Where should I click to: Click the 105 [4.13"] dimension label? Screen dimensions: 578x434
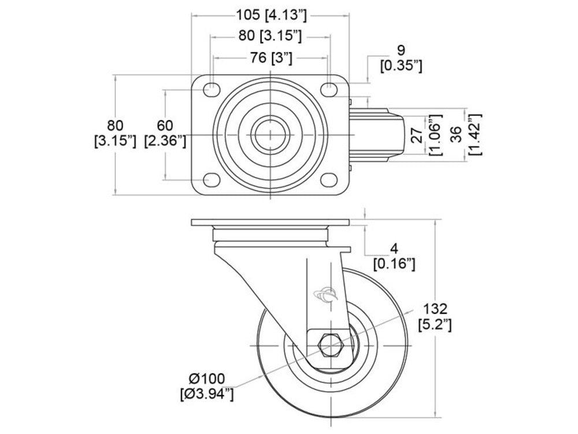tap(271, 15)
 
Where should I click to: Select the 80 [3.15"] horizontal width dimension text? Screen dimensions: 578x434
tap(270, 36)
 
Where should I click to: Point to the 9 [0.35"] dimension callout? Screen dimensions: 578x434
tap(401, 58)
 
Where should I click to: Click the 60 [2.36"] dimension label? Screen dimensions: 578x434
tap(165, 133)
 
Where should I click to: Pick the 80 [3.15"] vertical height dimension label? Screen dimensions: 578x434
tap(116, 133)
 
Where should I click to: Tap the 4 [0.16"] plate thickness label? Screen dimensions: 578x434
tap(394, 257)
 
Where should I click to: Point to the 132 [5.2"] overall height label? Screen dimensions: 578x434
tap(435, 317)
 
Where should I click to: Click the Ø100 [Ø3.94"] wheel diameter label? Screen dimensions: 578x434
tap(207, 385)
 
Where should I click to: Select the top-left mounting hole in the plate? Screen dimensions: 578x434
tap(212, 88)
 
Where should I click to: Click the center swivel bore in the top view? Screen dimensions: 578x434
tap(270, 135)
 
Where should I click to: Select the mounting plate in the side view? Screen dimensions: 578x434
tap(270, 222)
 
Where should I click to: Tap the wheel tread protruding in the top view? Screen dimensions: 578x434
tap(377, 135)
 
